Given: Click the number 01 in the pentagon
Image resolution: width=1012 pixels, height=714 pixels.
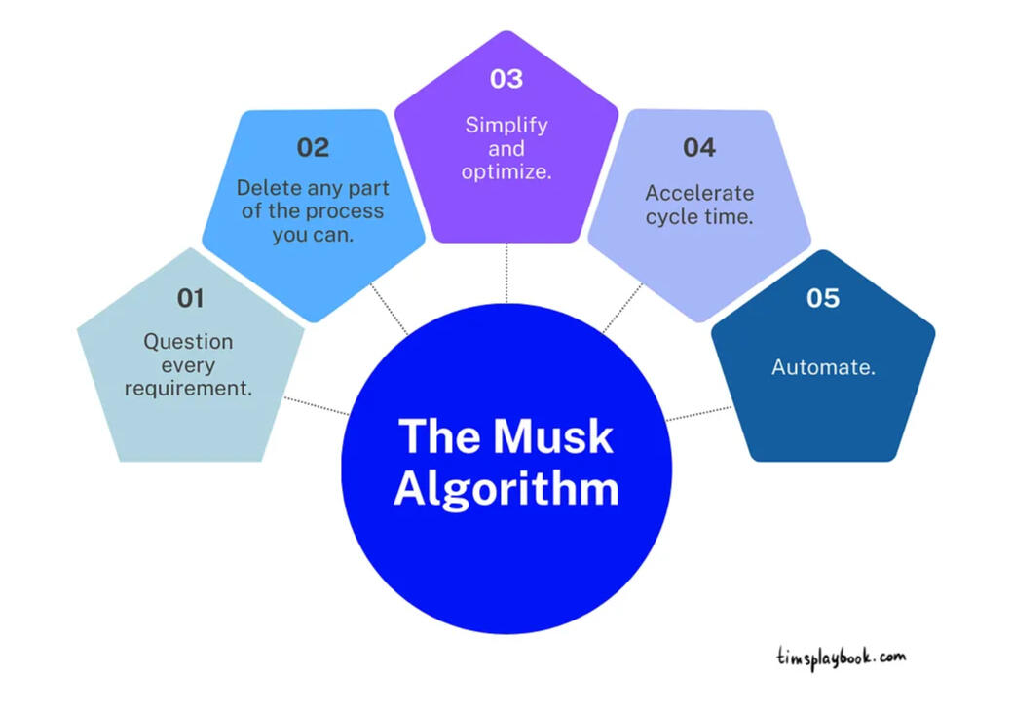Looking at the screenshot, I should (190, 298).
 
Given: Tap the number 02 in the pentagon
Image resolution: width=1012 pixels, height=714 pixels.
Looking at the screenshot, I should (313, 148).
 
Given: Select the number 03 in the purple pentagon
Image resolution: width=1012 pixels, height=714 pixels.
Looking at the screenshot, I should (506, 78).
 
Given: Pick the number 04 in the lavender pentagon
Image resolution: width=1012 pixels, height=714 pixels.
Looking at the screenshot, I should (698, 148).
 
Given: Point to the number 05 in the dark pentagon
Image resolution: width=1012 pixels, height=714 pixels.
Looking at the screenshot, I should (822, 298).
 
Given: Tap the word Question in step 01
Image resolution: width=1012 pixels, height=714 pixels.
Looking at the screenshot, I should (189, 342).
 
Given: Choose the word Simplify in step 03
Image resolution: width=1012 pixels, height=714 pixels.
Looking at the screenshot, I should (506, 125).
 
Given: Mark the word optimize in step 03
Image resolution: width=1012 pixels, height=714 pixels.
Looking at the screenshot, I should (506, 172).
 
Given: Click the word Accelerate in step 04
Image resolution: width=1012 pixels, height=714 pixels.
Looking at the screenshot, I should (698, 193).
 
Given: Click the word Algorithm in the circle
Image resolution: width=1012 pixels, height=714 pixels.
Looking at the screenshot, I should (506, 487).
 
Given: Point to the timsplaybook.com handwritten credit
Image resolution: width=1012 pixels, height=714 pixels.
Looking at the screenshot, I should (841, 658).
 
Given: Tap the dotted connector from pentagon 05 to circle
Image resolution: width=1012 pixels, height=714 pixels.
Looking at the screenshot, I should (699, 413).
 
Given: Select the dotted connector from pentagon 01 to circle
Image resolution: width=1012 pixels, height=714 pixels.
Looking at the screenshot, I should (317, 406).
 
